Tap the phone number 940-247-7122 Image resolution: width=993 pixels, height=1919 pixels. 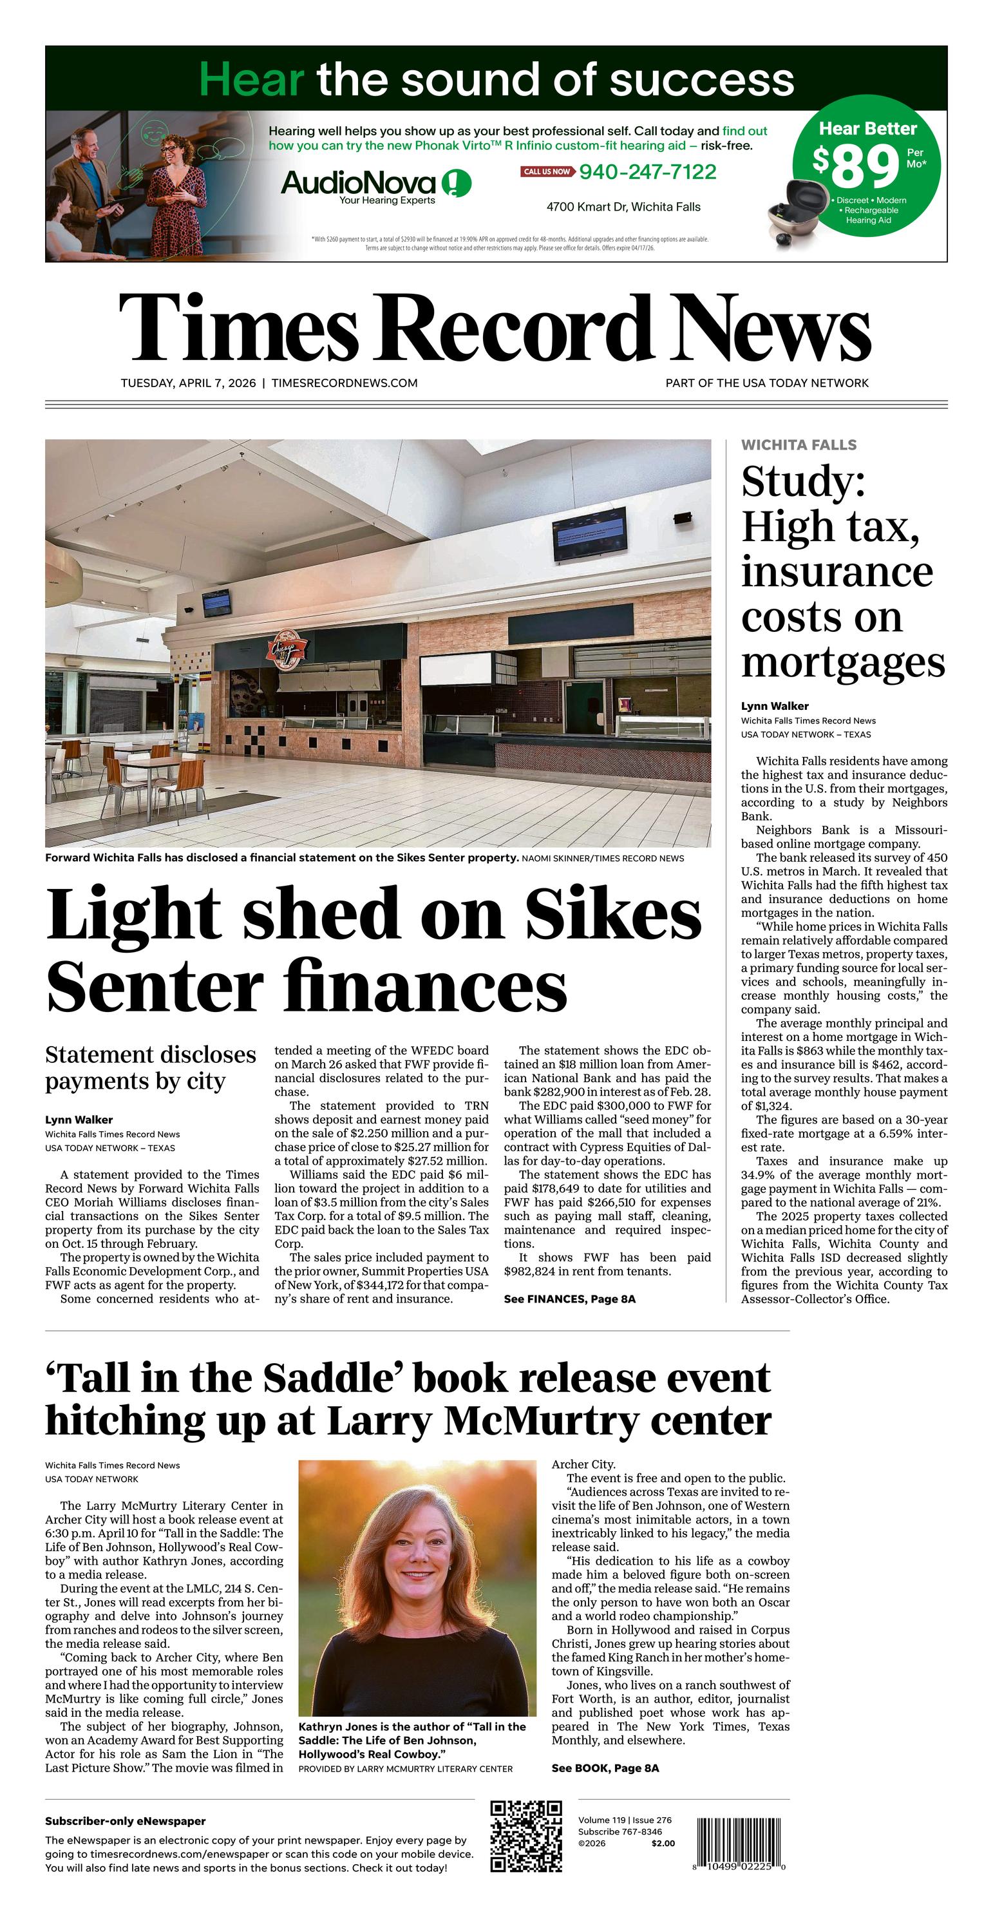[x=647, y=172]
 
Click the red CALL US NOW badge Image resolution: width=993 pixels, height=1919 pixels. [x=547, y=172]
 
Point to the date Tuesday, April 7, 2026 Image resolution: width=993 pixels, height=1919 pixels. [x=188, y=383]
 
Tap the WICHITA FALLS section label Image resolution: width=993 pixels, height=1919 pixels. [x=799, y=444]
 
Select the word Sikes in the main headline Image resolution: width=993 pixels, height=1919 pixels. [x=613, y=914]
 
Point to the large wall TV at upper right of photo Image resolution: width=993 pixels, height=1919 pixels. [x=589, y=534]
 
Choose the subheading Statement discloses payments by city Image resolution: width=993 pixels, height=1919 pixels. [x=151, y=1067]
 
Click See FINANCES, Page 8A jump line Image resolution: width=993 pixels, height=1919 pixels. [x=569, y=1299]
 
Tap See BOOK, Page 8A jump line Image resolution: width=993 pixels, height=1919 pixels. [x=605, y=1768]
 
